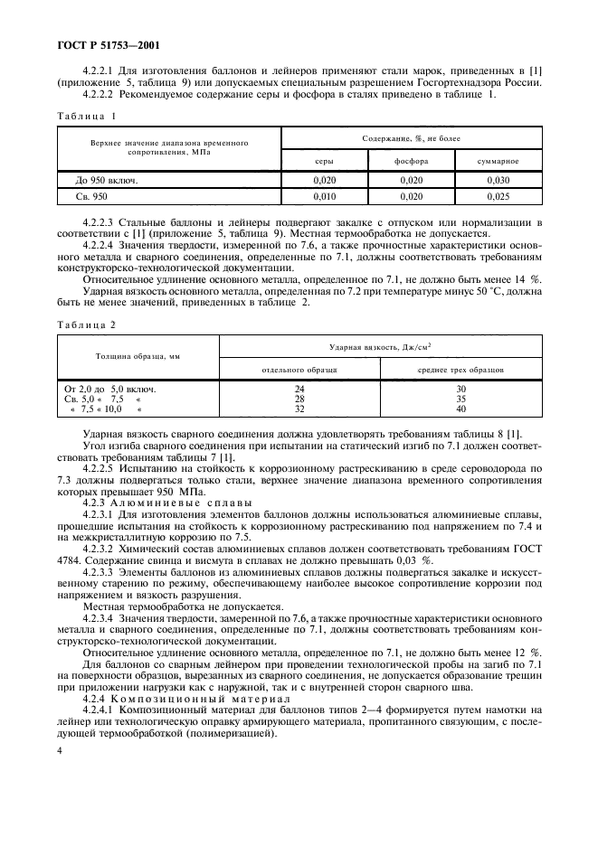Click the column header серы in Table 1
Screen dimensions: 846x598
pyautogui.click(x=324, y=161)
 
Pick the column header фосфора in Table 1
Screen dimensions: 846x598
pyautogui.click(x=411, y=161)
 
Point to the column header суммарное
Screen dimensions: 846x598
pyautogui.click(x=498, y=161)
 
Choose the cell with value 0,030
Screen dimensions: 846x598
pyautogui.click(x=498, y=181)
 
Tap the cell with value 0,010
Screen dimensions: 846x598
pyautogui.click(x=324, y=196)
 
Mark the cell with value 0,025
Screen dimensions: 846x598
pyautogui.click(x=498, y=196)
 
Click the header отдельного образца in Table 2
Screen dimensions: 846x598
pyautogui.click(x=299, y=370)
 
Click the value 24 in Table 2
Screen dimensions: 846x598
pyautogui.click(x=299, y=389)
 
